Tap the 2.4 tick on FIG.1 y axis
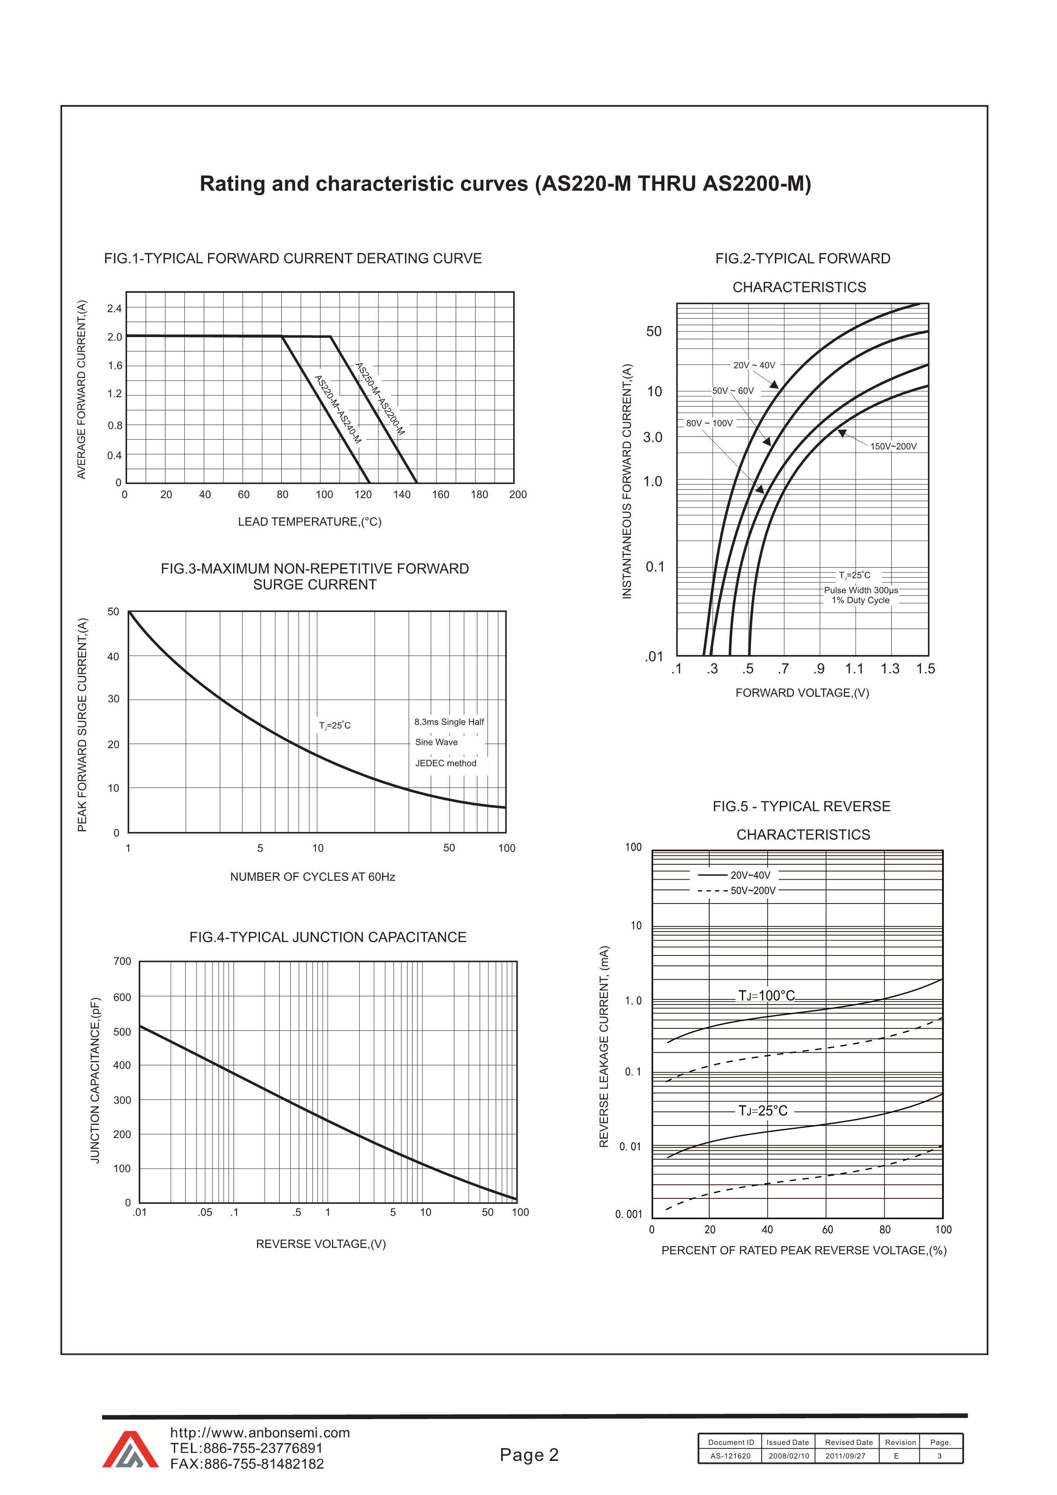coord(115,309)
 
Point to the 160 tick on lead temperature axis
coord(440,495)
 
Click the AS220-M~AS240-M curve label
coord(338,410)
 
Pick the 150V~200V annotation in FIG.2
coord(893,447)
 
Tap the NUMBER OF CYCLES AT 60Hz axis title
coord(312,877)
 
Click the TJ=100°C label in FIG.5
coord(766,996)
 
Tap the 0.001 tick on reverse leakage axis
coord(629,1214)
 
